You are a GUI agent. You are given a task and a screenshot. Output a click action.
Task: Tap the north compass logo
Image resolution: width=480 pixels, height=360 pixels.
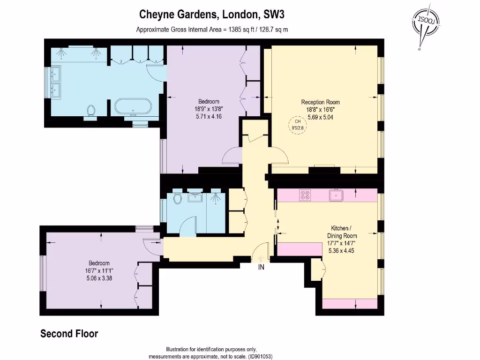pyautogui.click(x=426, y=23)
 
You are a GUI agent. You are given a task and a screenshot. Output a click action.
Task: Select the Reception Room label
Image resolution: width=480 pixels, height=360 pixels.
pyautogui.click(x=320, y=102)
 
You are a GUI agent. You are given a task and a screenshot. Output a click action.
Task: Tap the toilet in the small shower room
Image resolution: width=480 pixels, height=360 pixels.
pyautogui.click(x=177, y=199)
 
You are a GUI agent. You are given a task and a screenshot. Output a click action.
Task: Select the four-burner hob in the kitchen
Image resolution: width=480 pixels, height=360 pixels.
pyautogui.click(x=305, y=195)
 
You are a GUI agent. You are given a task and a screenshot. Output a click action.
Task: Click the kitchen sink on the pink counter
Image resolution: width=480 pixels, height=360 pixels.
pyautogui.click(x=336, y=195)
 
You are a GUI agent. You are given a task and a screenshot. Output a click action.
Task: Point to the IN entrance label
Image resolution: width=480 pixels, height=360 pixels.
pyautogui.click(x=261, y=268)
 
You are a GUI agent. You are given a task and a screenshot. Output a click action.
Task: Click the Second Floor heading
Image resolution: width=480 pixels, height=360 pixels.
pyautogui.click(x=69, y=334)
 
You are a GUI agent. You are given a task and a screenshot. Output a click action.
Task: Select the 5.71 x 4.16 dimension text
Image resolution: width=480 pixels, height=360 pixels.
pyautogui.click(x=209, y=117)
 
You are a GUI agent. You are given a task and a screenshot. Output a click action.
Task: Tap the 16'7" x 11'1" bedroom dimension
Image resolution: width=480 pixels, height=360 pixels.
pyautogui.click(x=99, y=270)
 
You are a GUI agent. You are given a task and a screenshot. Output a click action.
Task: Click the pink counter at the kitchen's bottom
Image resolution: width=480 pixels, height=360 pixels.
pyautogui.click(x=350, y=303)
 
